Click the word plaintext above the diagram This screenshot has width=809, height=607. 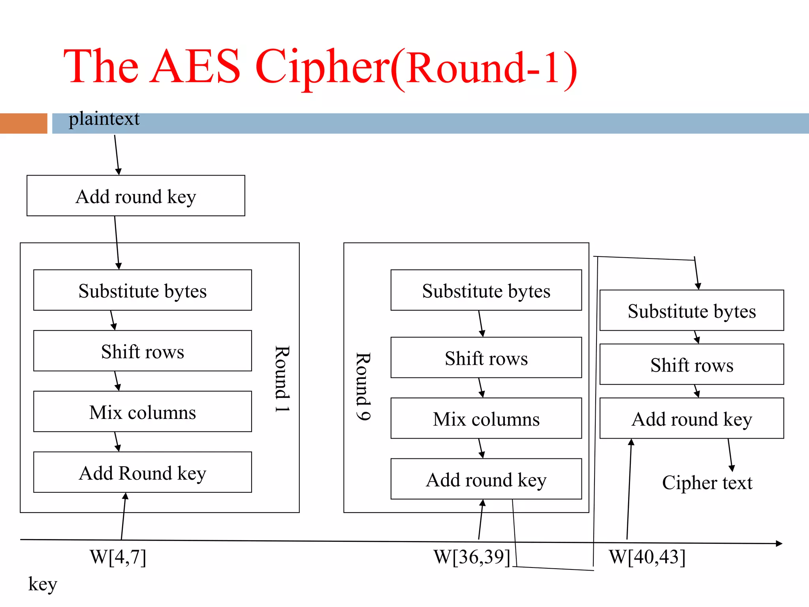pos(104,119)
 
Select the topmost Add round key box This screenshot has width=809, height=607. pos(135,196)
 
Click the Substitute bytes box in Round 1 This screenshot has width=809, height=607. pos(142,290)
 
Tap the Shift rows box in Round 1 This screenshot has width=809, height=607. pos(142,351)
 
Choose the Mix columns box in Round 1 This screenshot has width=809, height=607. pos(142,412)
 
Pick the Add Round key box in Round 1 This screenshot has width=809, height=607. pos(142,473)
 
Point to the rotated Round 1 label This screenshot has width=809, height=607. pos(282,379)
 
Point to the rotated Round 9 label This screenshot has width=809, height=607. pos(363,386)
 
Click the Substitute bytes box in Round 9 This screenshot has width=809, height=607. pos(486,290)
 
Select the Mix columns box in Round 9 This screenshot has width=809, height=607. pos(486,418)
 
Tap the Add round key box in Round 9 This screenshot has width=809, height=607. pos(486,479)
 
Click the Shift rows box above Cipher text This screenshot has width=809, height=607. pos(691,364)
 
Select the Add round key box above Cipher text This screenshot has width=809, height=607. pos(691,418)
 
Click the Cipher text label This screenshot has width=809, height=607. pos(707,483)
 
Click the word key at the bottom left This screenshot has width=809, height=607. pos(43,584)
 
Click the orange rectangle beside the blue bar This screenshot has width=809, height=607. pos(24,123)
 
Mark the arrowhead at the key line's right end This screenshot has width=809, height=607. pos(779,544)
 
